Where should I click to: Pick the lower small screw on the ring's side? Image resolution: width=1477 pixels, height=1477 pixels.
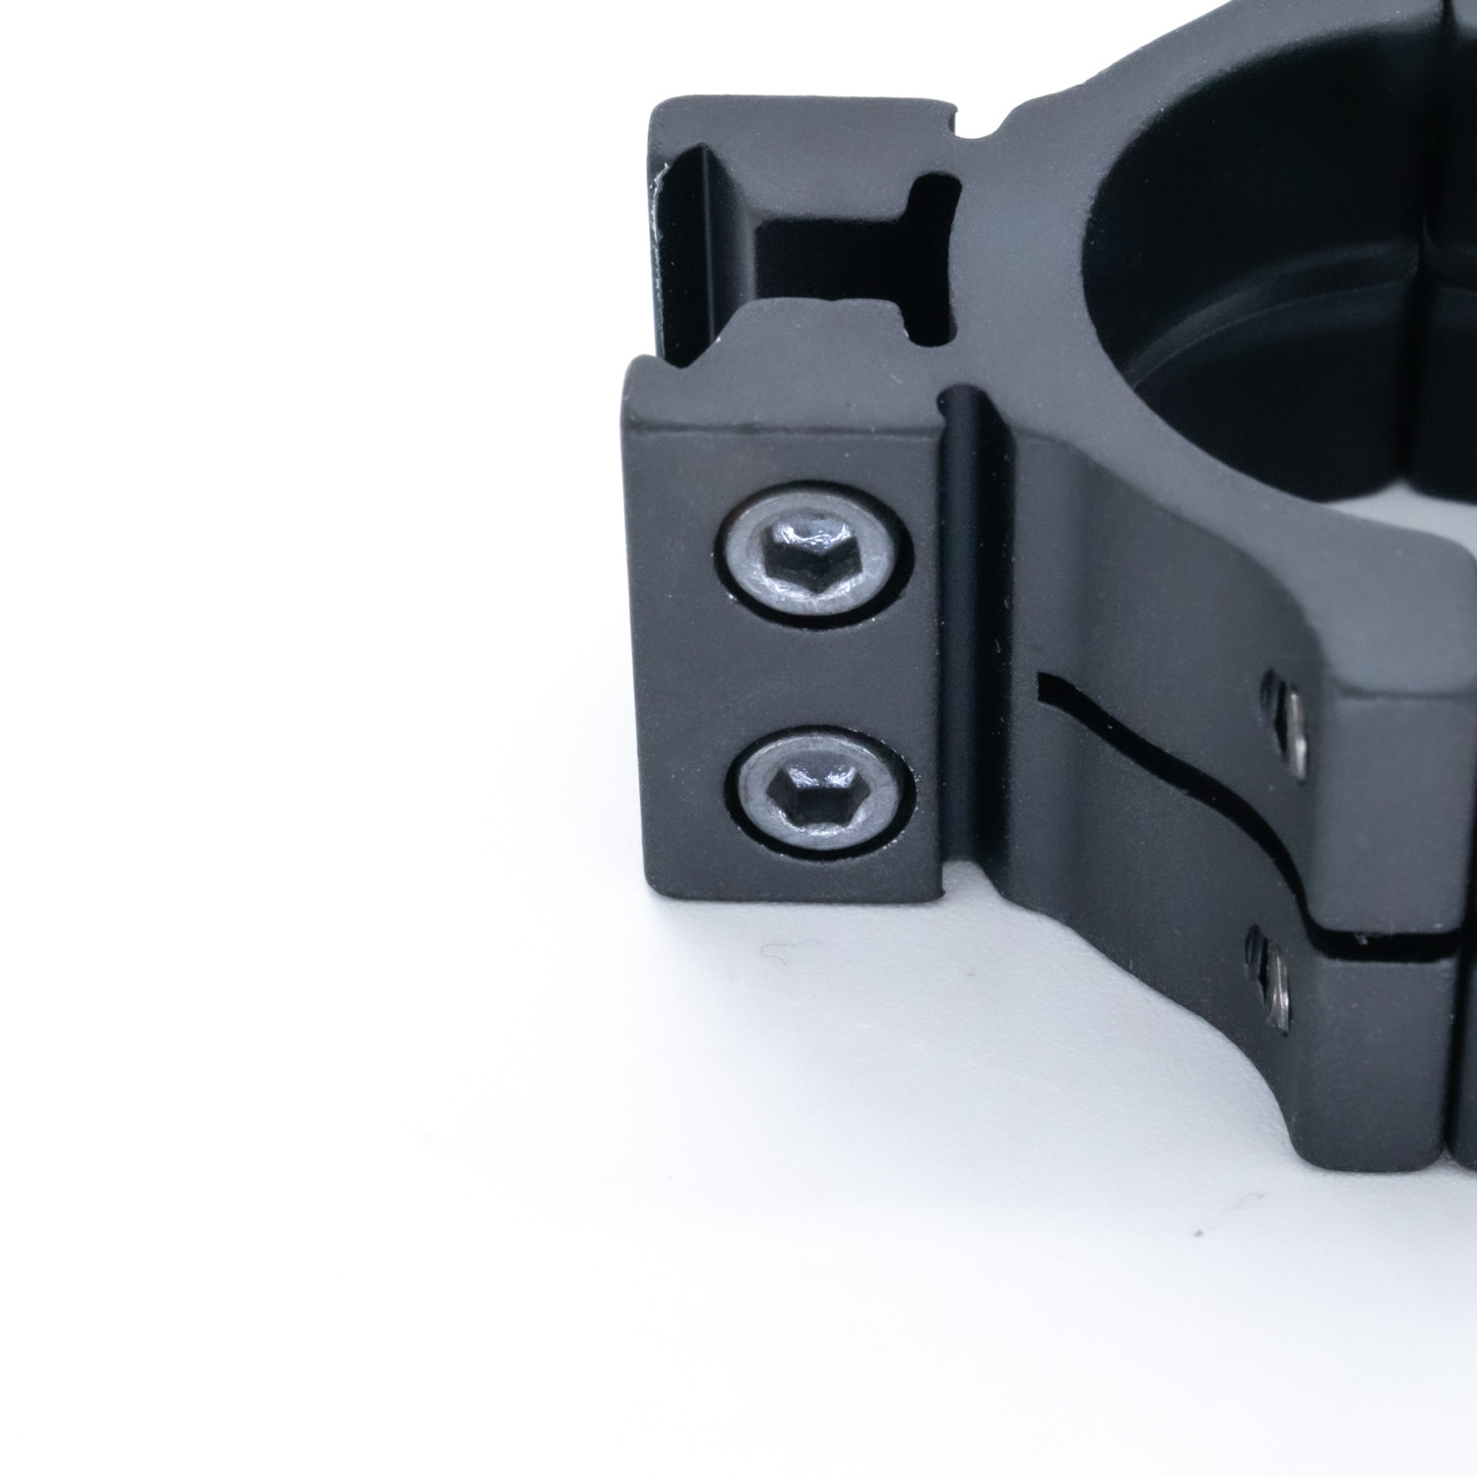pos(1273,981)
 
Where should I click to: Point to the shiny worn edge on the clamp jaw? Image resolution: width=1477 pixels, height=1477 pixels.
pos(658,226)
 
